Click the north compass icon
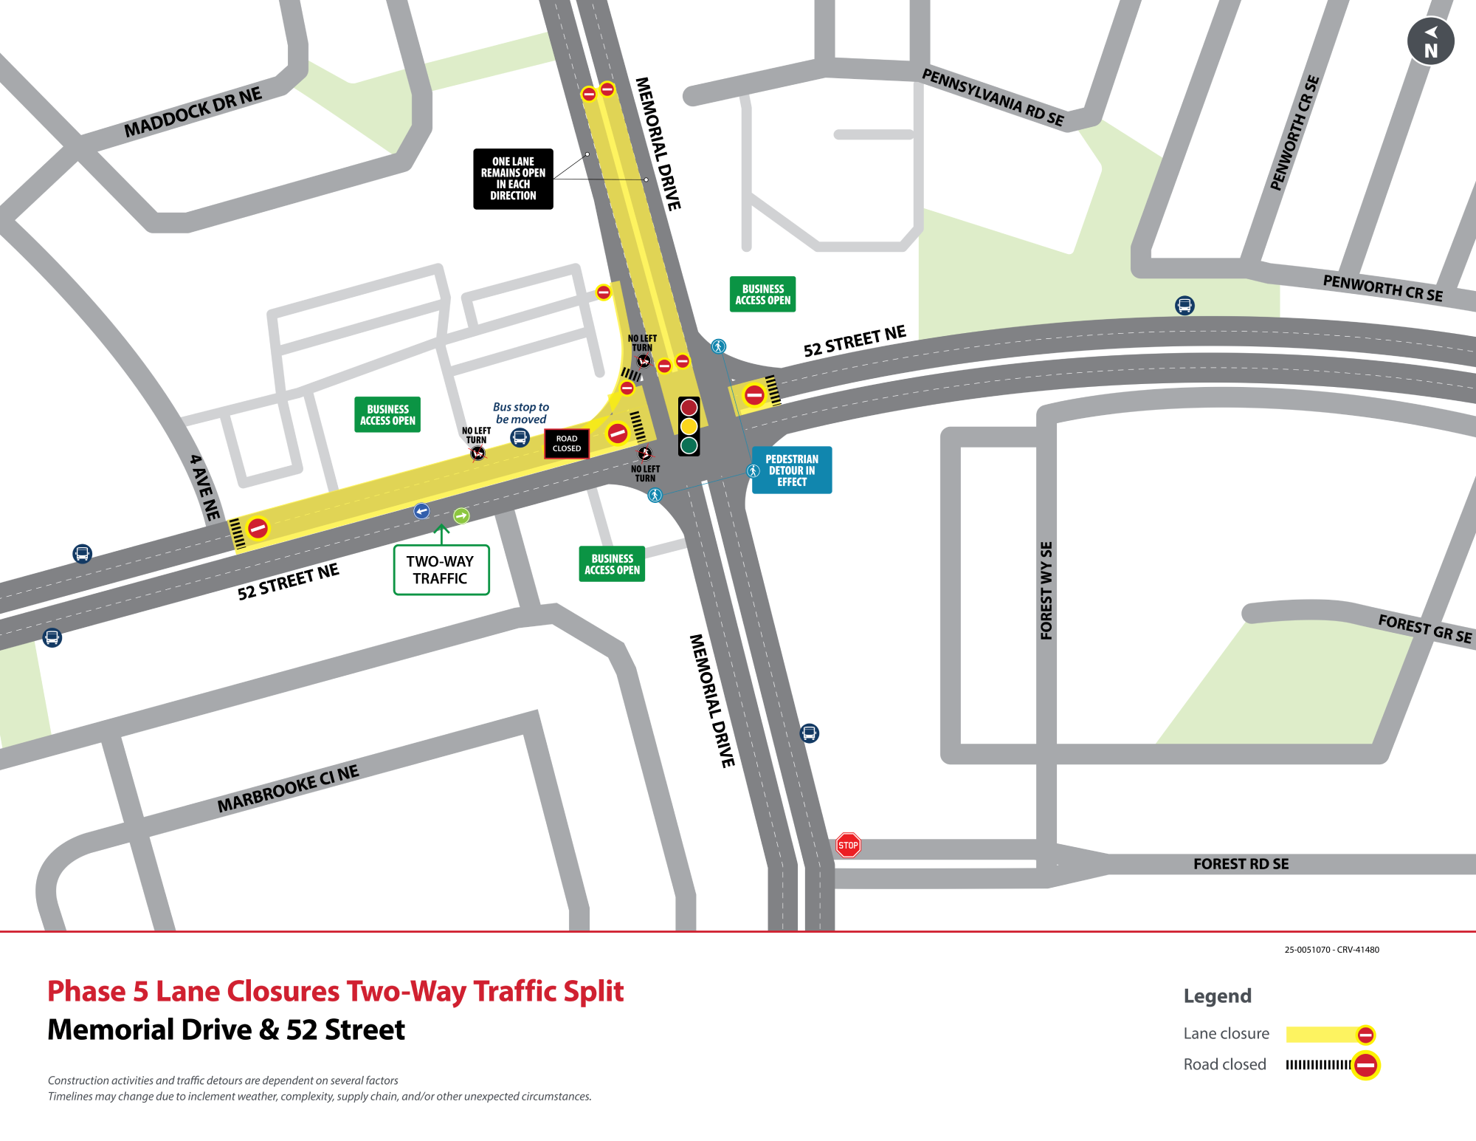coord(1430,41)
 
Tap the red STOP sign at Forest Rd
coord(848,845)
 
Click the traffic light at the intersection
coord(689,426)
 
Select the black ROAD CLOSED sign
coord(567,443)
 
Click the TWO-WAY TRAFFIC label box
coord(441,569)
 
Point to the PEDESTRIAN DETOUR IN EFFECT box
coord(792,470)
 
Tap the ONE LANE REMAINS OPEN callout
coord(513,179)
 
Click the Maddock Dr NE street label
coord(193,112)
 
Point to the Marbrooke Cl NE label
coord(288,789)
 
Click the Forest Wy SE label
coord(1046,591)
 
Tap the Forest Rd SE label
coord(1241,863)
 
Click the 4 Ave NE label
coord(204,487)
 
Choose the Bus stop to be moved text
coord(521,413)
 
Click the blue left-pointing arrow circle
coord(421,511)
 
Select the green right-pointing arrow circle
coord(461,515)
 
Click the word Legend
coord(1217,996)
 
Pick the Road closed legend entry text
coord(1224,1064)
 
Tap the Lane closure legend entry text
coord(1226,1033)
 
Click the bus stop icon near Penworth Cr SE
coord(1184,305)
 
